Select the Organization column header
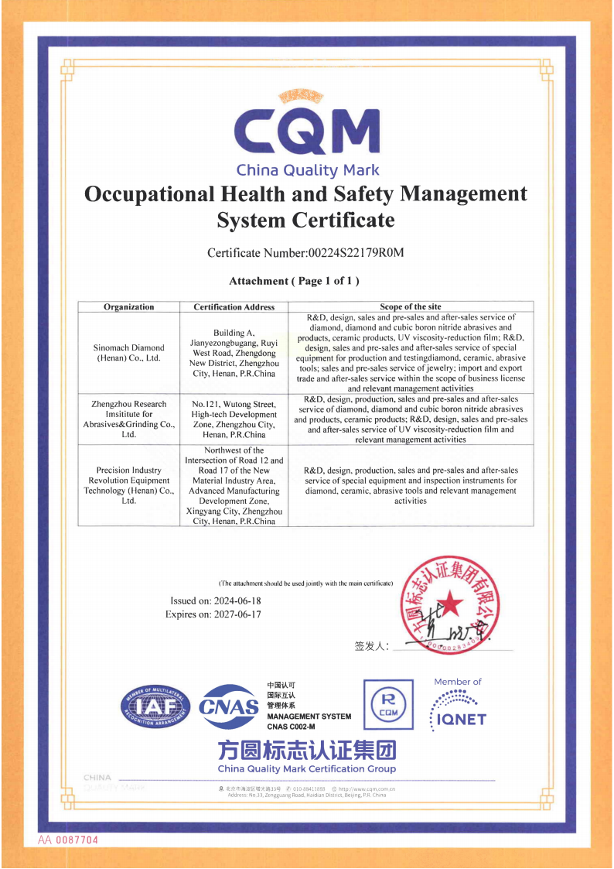coord(128,307)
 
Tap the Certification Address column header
coord(234,307)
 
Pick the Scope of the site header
coord(410,307)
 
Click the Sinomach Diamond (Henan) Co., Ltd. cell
coord(128,353)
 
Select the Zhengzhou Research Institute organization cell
coord(128,419)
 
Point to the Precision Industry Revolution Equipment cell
coord(128,485)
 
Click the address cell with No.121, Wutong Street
coord(234,419)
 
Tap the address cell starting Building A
coord(234,353)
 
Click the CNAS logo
coord(229,706)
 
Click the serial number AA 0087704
coord(69,840)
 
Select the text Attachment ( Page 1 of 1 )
coord(294,281)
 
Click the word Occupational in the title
coord(147,193)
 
